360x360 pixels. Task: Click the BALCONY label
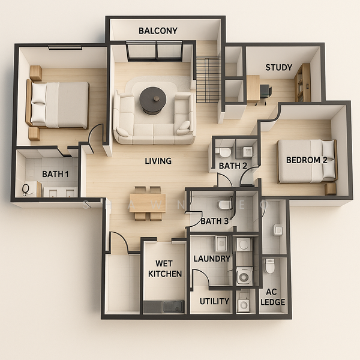click(x=158, y=31)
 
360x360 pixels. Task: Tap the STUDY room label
click(x=279, y=67)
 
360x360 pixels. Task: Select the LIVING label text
click(x=158, y=161)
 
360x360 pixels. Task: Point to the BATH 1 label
click(x=55, y=174)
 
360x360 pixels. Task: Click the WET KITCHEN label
click(x=165, y=268)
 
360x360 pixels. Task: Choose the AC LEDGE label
click(x=273, y=297)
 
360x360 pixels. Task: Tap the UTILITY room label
click(x=214, y=301)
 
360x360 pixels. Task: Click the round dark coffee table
click(x=152, y=100)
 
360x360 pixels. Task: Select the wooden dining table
click(x=148, y=203)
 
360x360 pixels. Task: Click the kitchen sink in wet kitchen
click(x=173, y=307)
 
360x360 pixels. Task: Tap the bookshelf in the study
click(x=302, y=83)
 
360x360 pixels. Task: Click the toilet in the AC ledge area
click(x=269, y=266)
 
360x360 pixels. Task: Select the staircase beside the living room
click(x=208, y=80)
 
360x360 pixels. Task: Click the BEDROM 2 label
click(x=307, y=160)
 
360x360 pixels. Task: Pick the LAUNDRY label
click(x=212, y=259)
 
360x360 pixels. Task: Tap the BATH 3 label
click(x=214, y=221)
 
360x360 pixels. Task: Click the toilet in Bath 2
click(x=223, y=152)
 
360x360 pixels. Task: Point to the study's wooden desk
click(x=253, y=88)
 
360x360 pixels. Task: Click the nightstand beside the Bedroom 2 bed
click(x=330, y=189)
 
